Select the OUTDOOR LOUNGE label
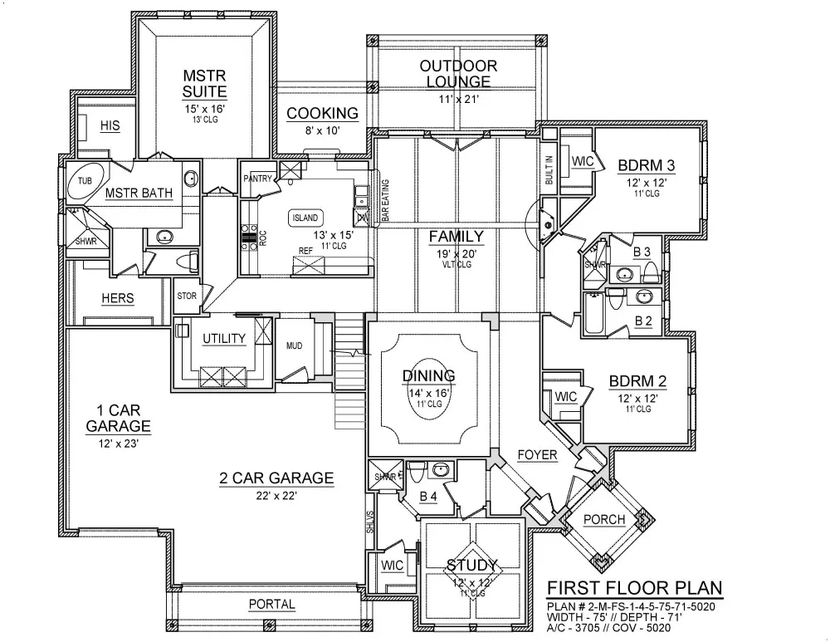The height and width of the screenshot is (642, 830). coord(457,73)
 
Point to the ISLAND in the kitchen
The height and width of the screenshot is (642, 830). coord(305,218)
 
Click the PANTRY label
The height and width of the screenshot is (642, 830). coord(258,179)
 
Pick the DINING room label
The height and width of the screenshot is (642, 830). coord(429,375)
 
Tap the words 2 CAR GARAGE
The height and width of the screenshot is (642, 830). coord(276,478)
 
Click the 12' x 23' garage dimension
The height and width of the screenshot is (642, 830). coord(117,444)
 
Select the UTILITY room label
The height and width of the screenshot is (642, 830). coord(224,338)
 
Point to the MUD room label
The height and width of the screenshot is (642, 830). coord(294,346)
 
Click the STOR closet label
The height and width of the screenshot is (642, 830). coord(186,295)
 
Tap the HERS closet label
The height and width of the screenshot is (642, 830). coord(118,298)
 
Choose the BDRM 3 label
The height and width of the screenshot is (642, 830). coord(646,165)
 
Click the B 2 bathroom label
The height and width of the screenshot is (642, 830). coord(643,320)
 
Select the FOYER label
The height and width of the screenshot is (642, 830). coord(537,455)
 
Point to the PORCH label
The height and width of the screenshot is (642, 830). coord(603,520)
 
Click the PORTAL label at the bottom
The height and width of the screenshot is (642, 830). coord(271,604)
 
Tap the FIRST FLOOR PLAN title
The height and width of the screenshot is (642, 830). coord(633,589)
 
